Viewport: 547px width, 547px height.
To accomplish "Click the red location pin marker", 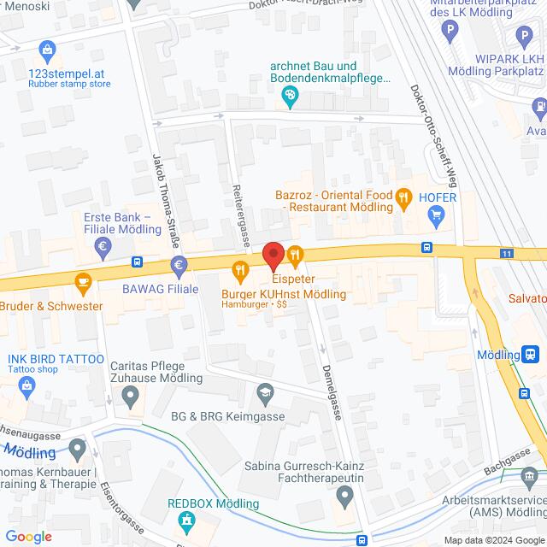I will click(x=273, y=256).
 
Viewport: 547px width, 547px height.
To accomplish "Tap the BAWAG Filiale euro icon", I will click(x=179, y=266).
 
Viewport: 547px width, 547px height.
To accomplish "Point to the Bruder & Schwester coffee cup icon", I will click(x=83, y=279).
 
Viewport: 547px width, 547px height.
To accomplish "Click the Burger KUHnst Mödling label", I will click(x=284, y=294).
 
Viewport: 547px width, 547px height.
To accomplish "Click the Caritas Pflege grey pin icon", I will click(x=131, y=395).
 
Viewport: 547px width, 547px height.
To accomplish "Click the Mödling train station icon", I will click(x=531, y=354).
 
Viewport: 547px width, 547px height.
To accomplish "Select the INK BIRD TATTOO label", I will click(x=56, y=358).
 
